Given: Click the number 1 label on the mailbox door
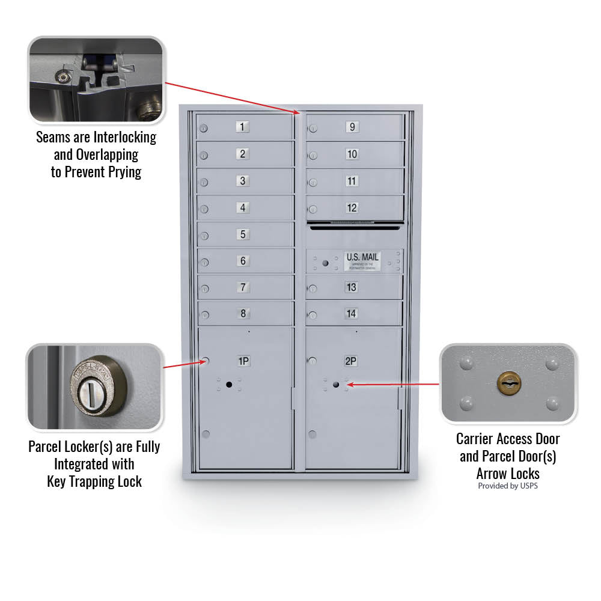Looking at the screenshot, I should click(x=242, y=127).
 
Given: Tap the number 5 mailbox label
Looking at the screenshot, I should click(x=243, y=234).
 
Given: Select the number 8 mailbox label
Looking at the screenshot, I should click(x=243, y=313).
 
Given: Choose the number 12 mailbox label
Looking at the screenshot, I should click(x=352, y=208).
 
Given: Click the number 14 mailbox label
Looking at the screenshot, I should click(x=351, y=313).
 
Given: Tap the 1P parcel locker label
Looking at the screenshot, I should click(x=243, y=361).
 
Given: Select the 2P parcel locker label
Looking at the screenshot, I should click(x=351, y=361).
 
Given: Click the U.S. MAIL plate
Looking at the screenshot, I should click(x=362, y=260).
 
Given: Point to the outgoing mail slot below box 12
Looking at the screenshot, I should click(x=355, y=226).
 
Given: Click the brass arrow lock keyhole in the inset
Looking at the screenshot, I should click(x=508, y=383).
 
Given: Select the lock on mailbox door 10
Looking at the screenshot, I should click(x=313, y=156).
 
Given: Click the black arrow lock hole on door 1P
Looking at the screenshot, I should click(x=228, y=385).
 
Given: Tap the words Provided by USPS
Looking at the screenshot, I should click(x=508, y=486).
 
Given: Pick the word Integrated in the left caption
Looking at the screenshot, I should click(x=94, y=464).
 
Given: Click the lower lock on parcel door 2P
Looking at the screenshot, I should click(x=312, y=434).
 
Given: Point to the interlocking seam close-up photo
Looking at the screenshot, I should click(x=96, y=79).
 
